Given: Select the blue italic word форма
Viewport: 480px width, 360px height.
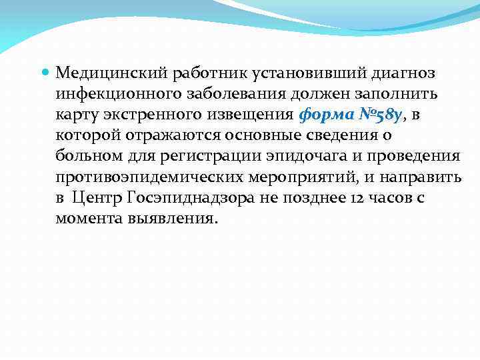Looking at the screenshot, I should point(323,114).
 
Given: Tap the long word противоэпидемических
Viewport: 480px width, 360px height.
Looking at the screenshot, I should point(146,177).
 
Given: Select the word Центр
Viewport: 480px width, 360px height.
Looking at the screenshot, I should point(93,198).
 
